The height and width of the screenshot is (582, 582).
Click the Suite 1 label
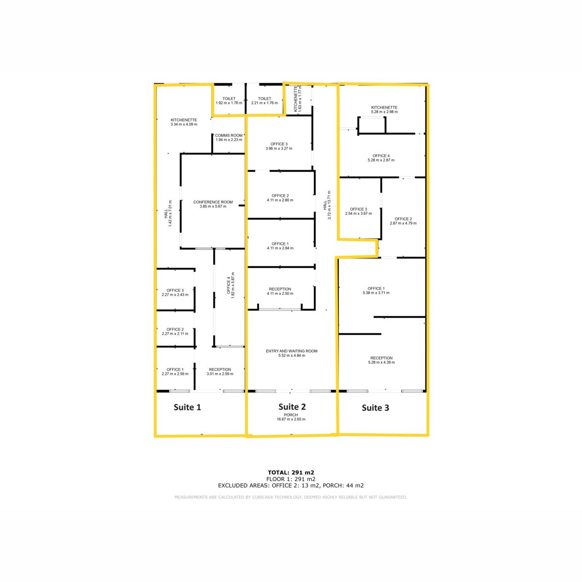click(187, 407)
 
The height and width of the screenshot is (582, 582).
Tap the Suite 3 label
click(375, 408)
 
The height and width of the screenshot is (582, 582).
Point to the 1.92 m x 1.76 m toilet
click(229, 98)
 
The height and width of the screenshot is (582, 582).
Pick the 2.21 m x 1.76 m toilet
click(265, 98)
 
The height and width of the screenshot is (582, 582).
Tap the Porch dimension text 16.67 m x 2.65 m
click(291, 419)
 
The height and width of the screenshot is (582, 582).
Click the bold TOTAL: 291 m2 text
click(291, 473)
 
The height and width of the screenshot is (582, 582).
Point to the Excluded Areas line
click(291, 485)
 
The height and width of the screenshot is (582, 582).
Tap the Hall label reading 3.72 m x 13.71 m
click(327, 205)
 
